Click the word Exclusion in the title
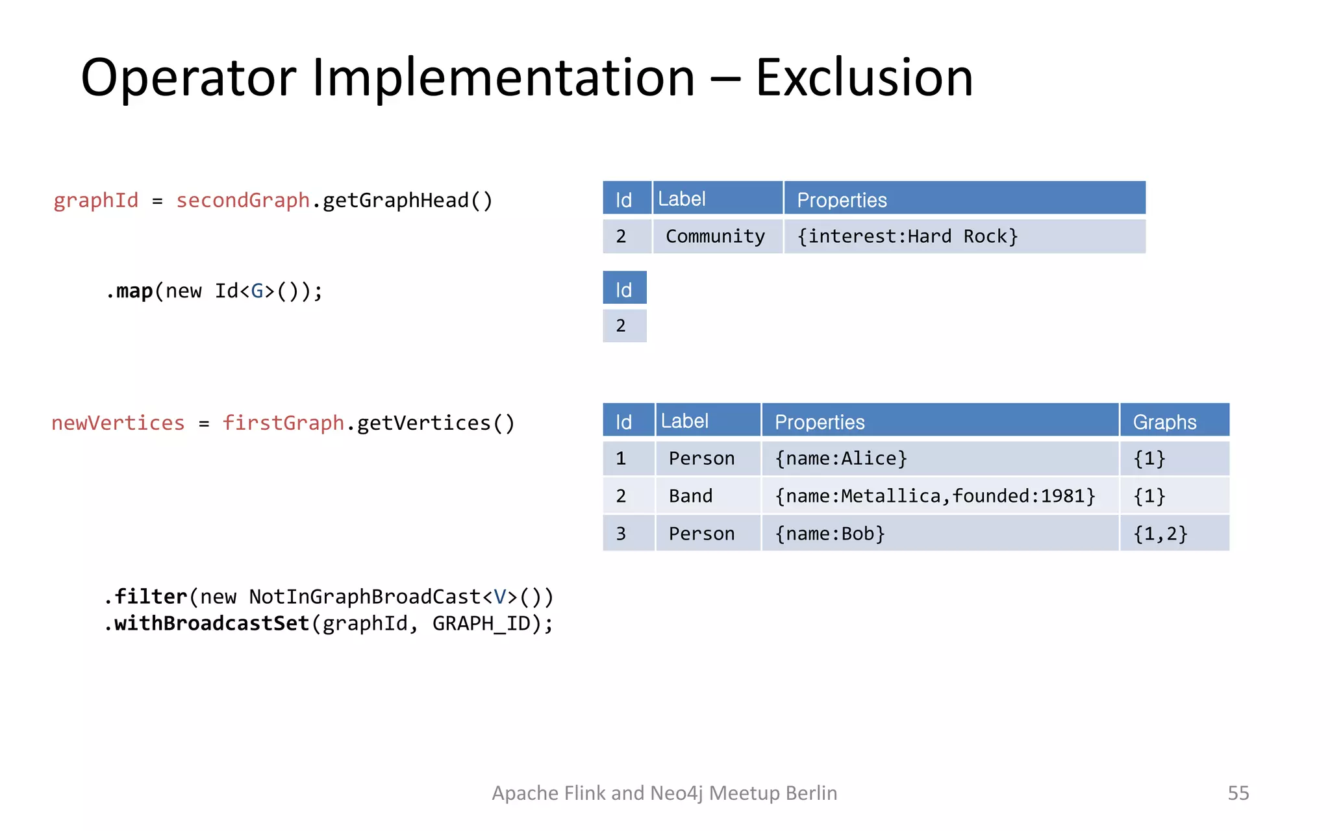click(x=864, y=78)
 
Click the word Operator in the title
click(x=188, y=78)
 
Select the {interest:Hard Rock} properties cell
click(x=907, y=236)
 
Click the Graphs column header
click(x=1164, y=422)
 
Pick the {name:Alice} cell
click(x=840, y=458)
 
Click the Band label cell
click(x=690, y=496)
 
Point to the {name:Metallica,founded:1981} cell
click(x=935, y=496)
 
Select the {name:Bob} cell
click(x=829, y=534)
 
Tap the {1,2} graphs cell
click(x=1160, y=534)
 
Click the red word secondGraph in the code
click(x=243, y=200)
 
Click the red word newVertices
click(x=118, y=423)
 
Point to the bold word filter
click(x=151, y=596)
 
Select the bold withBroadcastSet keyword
click(x=211, y=623)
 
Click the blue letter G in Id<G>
click(x=258, y=291)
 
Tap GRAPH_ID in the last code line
click(x=481, y=623)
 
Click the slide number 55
click(x=1238, y=793)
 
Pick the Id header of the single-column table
click(x=623, y=290)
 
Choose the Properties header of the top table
click(x=842, y=200)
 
